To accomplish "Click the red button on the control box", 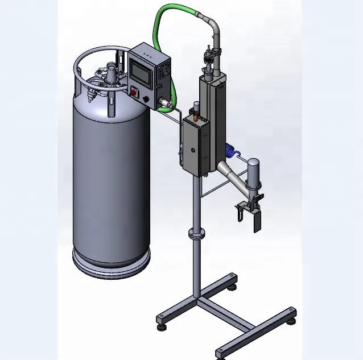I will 135,91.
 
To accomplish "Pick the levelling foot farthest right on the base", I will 292,320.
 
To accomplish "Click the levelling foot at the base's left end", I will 162,326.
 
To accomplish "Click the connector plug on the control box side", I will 165,105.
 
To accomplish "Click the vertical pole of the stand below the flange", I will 196,267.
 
